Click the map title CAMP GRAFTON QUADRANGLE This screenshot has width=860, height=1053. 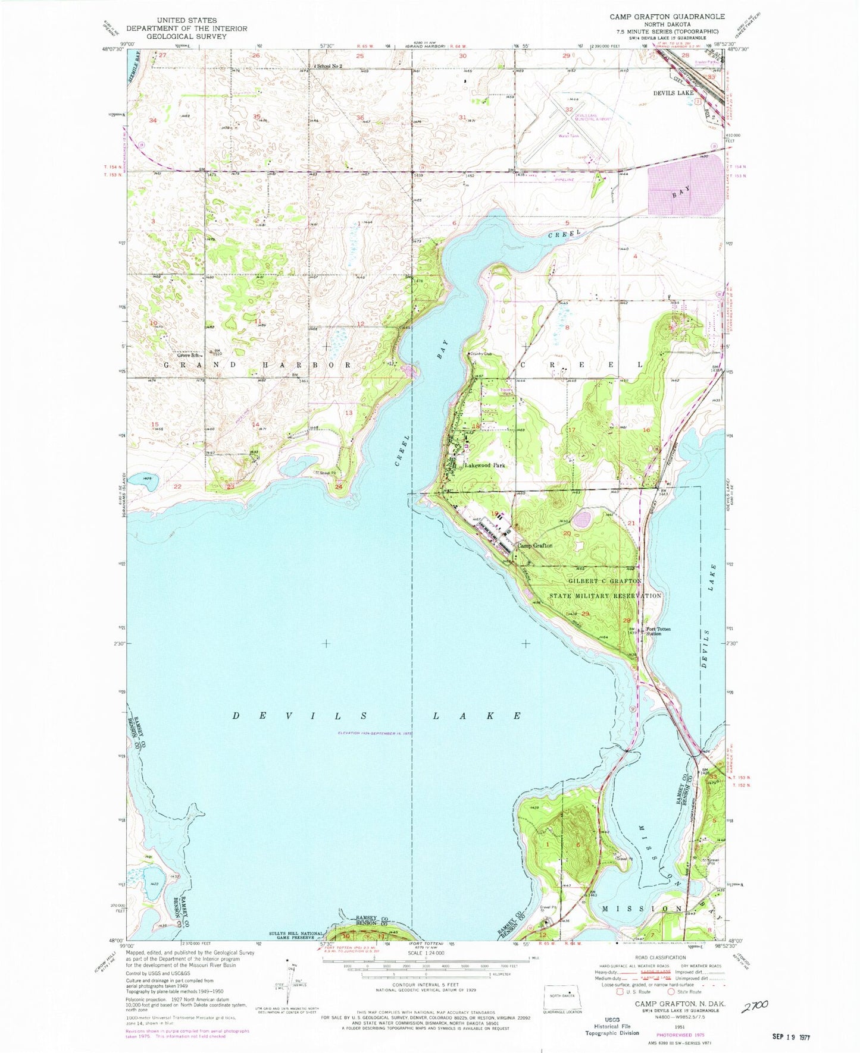coord(667,17)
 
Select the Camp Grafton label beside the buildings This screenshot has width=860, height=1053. coord(534,545)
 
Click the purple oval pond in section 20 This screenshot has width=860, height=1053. coord(581,520)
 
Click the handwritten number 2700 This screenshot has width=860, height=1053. coord(755,1005)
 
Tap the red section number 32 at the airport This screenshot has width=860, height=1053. coord(569,110)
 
